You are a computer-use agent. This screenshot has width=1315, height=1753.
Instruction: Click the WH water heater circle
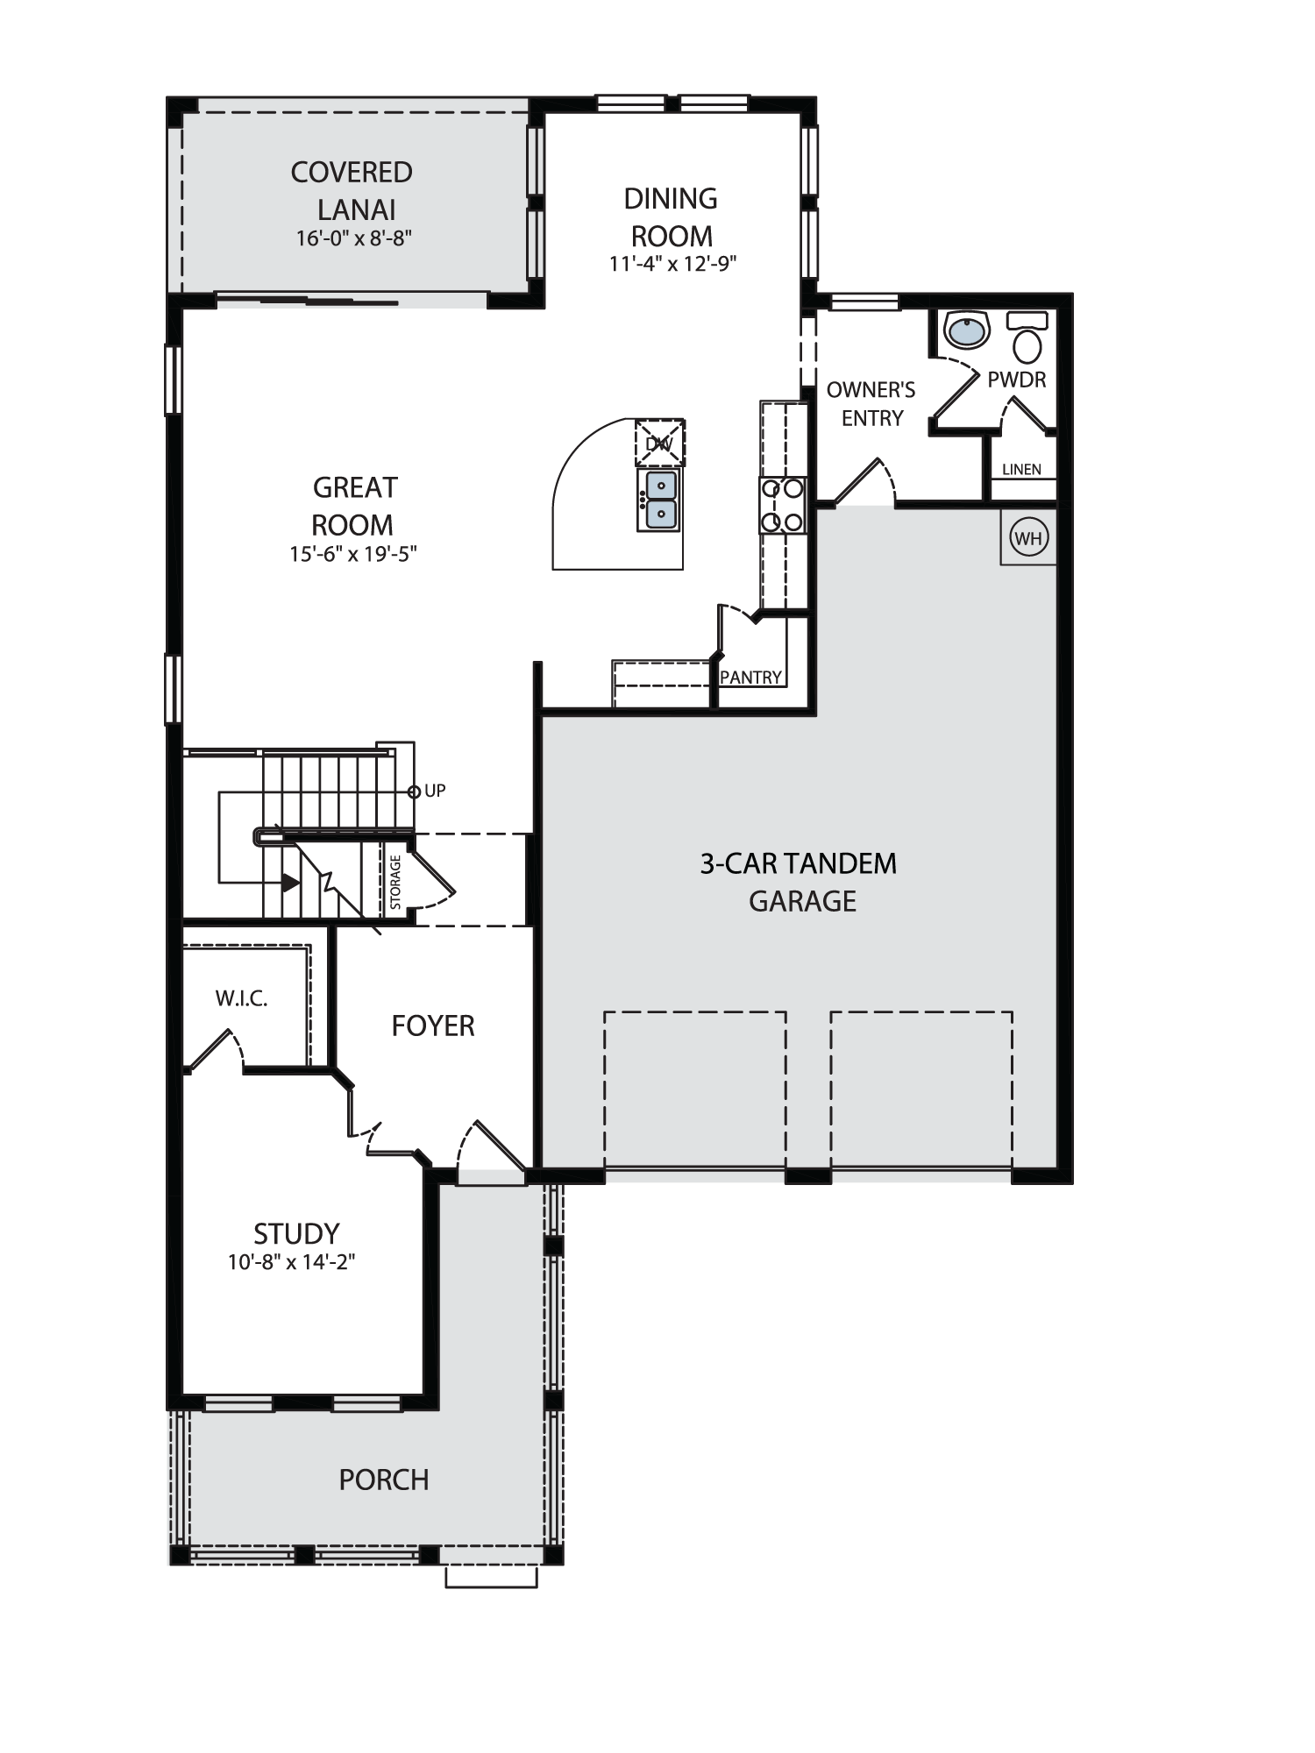click(x=1028, y=537)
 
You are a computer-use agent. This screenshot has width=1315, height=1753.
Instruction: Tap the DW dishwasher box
click(x=659, y=443)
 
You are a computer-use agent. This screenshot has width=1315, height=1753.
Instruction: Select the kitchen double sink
click(x=661, y=500)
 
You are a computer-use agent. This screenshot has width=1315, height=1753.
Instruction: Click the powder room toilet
click(x=1027, y=337)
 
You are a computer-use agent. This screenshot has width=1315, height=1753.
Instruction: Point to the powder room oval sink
click(x=966, y=330)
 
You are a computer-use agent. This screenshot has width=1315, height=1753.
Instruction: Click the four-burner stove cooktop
click(x=783, y=505)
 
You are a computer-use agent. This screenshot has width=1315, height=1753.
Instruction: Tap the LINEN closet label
click(x=1022, y=470)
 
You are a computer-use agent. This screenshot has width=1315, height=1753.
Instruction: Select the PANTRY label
click(x=750, y=678)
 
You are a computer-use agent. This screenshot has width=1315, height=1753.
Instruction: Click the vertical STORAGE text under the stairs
click(x=396, y=882)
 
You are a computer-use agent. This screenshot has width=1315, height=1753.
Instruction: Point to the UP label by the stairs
click(x=436, y=791)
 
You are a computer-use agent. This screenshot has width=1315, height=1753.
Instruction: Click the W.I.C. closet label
click(x=241, y=998)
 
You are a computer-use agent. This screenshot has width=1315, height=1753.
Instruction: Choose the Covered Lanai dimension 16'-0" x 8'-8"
click(x=354, y=238)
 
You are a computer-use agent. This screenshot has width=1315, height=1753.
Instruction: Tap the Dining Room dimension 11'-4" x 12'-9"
click(x=672, y=264)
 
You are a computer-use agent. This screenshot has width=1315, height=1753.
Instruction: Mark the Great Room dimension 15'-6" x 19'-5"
click(x=353, y=554)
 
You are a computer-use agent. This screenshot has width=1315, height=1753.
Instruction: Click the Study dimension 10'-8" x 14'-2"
click(x=292, y=1262)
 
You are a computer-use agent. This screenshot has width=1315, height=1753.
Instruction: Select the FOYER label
click(x=433, y=1026)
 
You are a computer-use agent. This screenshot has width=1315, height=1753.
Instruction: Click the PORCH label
click(x=384, y=1480)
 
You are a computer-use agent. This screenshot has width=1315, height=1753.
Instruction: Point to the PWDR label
click(x=1017, y=380)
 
